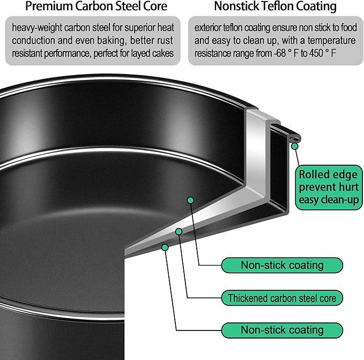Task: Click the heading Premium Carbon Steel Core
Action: [96, 6]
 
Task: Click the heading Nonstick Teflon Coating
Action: [275, 6]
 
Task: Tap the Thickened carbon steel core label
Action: [282, 297]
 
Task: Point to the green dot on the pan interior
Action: [190, 200]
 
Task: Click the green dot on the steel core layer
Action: [179, 231]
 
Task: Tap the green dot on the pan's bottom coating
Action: [165, 247]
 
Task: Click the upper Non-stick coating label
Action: [282, 265]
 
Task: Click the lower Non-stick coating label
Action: [282, 330]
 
